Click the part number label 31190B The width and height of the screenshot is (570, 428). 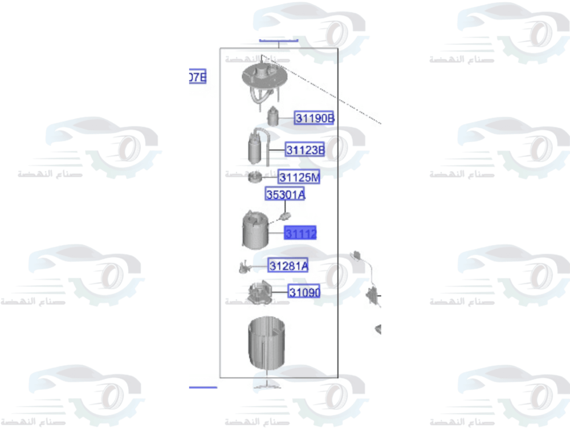(x=314, y=118)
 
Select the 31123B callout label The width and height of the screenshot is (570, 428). (x=305, y=150)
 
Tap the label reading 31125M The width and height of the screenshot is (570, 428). (x=299, y=177)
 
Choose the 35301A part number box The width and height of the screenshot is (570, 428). (x=285, y=195)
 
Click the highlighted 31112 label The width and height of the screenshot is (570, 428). (x=300, y=233)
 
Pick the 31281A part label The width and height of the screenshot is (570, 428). (x=288, y=265)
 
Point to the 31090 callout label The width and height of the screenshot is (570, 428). (x=304, y=292)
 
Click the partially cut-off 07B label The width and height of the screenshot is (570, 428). (x=197, y=76)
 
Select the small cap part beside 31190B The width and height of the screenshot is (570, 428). (x=273, y=117)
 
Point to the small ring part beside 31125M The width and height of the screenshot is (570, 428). (x=254, y=178)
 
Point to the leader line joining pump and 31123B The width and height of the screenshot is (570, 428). (x=277, y=150)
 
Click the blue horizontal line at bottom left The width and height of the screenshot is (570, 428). (x=202, y=387)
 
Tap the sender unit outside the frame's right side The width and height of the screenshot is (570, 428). (x=372, y=295)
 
